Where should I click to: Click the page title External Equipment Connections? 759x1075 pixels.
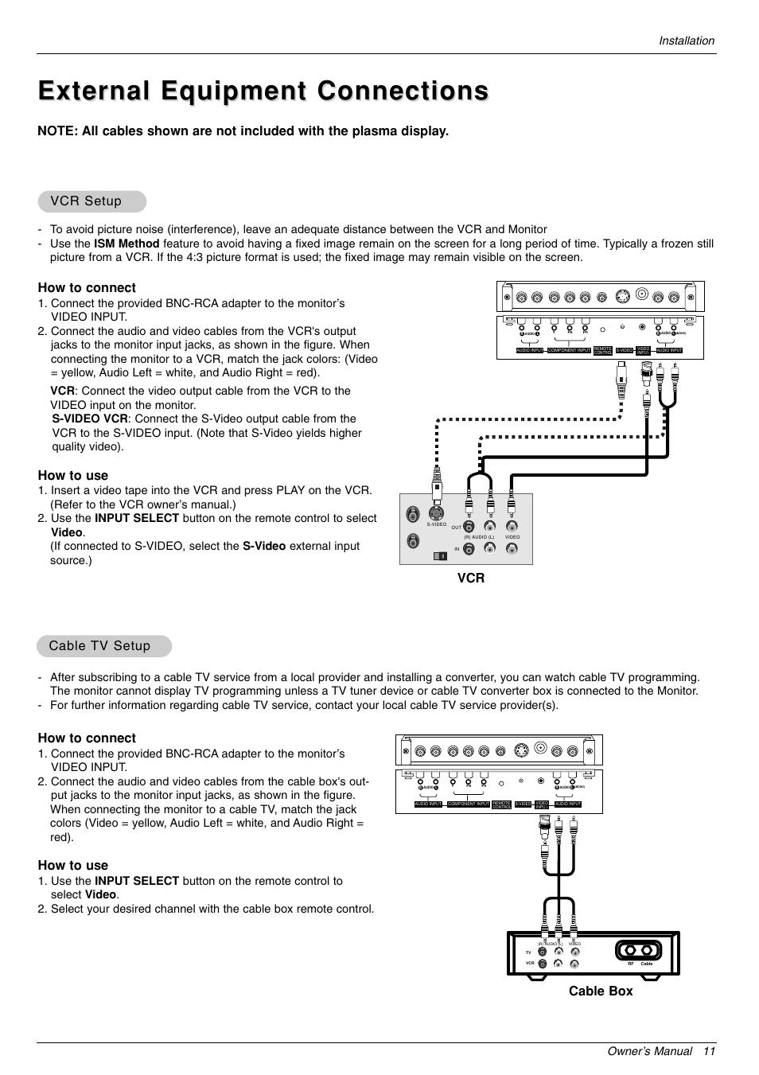[263, 91]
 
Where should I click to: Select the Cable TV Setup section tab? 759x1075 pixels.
[99, 645]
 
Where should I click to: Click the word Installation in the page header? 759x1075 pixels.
[686, 41]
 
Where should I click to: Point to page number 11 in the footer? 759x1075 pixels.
[709, 1051]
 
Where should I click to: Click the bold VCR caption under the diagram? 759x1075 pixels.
[470, 578]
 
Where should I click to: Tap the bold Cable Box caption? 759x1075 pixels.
[601, 991]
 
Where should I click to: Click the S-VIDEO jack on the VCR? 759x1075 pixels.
[436, 513]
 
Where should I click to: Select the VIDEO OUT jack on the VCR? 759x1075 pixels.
[512, 526]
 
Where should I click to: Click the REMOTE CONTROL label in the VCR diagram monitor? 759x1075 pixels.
[602, 350]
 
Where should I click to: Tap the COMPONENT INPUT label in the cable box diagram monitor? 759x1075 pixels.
[468, 804]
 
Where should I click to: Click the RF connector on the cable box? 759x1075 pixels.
[630, 950]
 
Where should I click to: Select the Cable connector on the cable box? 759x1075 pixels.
[647, 950]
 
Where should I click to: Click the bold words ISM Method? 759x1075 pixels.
[127, 243]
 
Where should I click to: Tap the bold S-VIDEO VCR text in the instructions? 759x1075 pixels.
[90, 419]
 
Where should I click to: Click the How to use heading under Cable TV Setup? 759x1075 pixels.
[72, 865]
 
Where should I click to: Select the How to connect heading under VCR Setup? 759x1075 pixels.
[87, 287]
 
